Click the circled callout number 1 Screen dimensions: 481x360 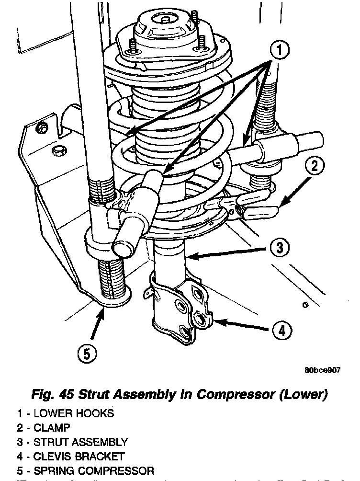[279, 50]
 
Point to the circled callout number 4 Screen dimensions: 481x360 [281, 330]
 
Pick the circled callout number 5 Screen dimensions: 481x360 [87, 354]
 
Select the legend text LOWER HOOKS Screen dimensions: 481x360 [73, 412]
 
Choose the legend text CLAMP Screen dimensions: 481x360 [52, 427]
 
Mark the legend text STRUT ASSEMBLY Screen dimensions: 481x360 [80, 442]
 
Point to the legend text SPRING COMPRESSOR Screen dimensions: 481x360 [93, 471]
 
